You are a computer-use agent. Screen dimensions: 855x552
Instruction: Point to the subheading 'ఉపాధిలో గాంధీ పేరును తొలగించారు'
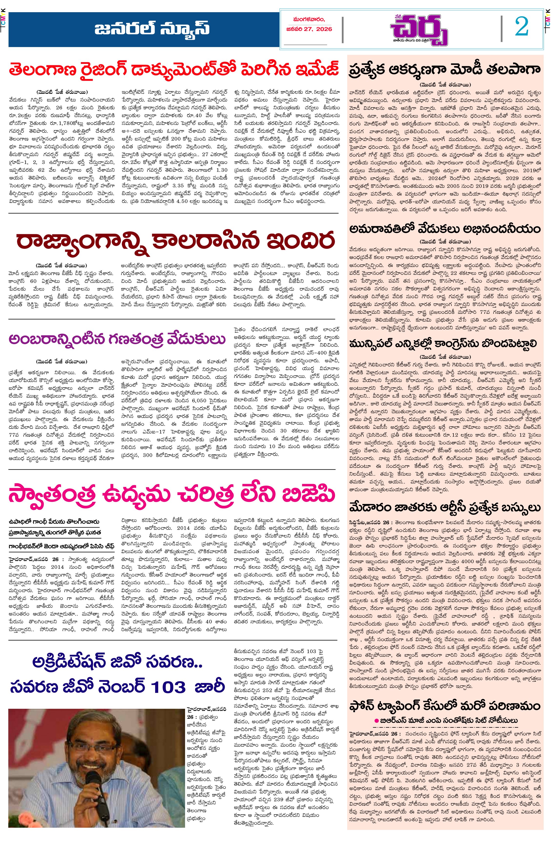54,522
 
